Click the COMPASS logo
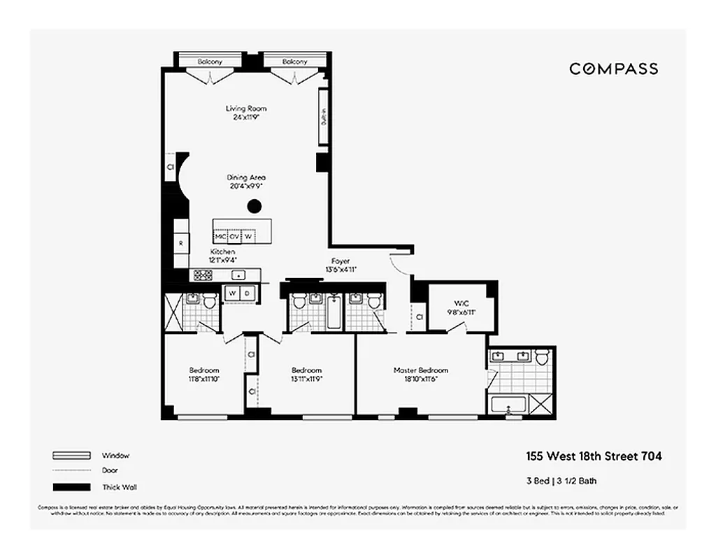[613, 68]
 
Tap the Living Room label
[245, 109]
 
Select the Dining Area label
[245, 177]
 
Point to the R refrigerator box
[181, 244]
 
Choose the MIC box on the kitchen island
[221, 236]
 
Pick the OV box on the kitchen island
[234, 236]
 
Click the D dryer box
[247, 293]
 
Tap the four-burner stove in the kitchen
[202, 275]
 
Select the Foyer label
[341, 261]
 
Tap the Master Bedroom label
[420, 370]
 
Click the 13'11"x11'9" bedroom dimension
[306, 379]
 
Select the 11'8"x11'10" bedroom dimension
[203, 379]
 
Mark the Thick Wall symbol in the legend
[71, 487]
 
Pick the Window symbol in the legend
[71, 455]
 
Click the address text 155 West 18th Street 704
[594, 456]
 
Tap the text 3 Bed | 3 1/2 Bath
[561, 481]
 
